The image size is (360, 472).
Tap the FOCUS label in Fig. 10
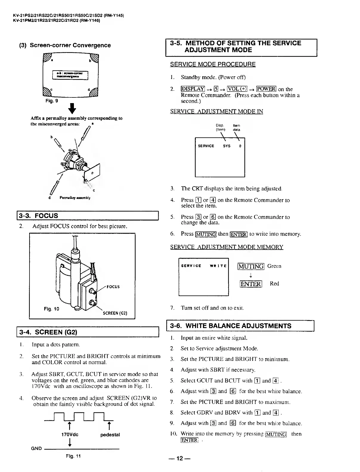pyautogui.click(x=113, y=287)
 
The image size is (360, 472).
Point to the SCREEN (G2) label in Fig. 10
pyautogui.click(x=115, y=313)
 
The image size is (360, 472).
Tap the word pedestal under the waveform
pyautogui.click(x=110, y=434)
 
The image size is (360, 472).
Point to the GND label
pyautogui.click(x=36, y=448)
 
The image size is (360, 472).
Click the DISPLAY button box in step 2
pyautogui.click(x=193, y=89)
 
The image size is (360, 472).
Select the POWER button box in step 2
pyautogui.click(x=266, y=89)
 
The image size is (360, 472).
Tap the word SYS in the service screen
pyautogui.click(x=226, y=146)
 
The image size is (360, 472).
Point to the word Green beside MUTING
pyautogui.click(x=274, y=266)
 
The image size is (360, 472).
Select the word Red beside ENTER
pyautogui.click(x=274, y=284)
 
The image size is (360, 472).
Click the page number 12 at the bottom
pyautogui.click(x=179, y=458)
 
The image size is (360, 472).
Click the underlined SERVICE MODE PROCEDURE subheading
pyautogui.click(x=213, y=64)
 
